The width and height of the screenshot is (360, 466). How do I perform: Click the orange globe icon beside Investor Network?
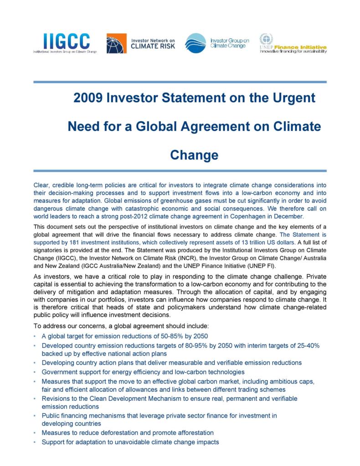click(x=117, y=44)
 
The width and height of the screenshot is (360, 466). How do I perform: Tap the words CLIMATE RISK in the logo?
click(x=150, y=46)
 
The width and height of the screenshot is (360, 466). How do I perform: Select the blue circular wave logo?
click(x=195, y=43)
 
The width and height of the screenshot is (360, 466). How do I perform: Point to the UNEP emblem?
click(x=266, y=40)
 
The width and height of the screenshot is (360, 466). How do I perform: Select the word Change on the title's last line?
click(x=194, y=155)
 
